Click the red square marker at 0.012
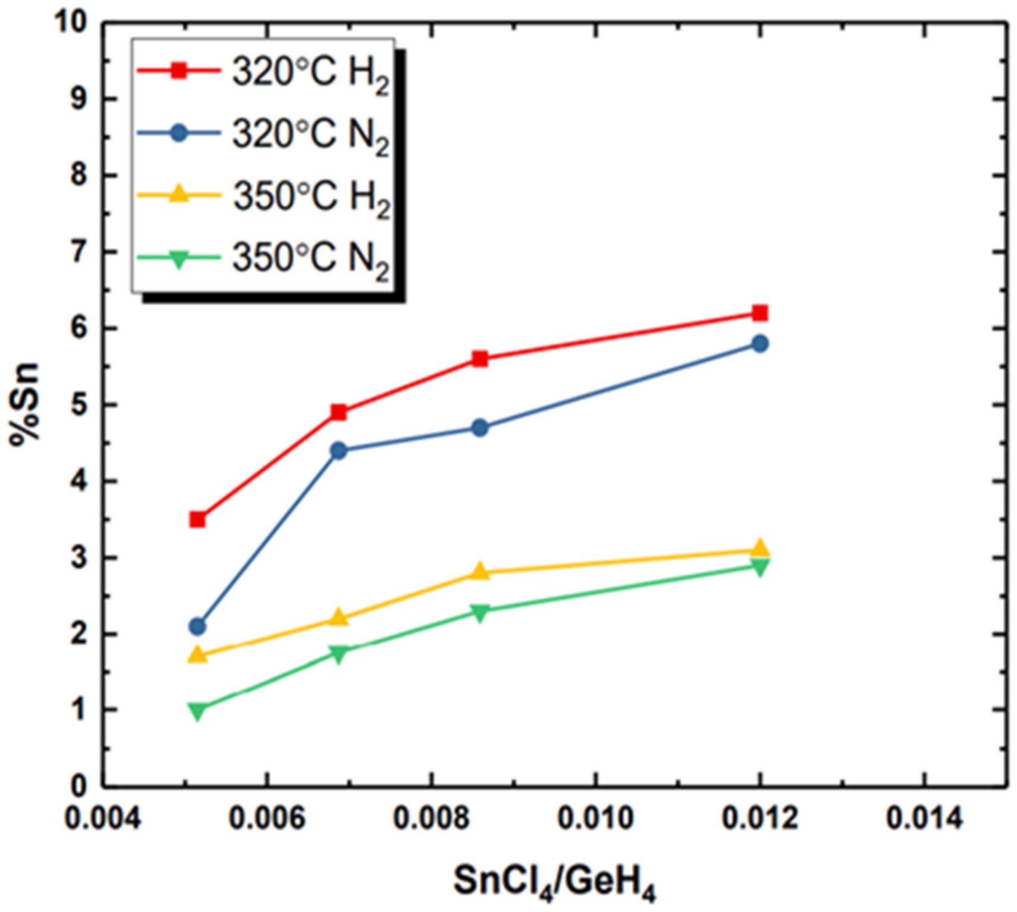coord(759,313)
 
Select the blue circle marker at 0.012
coord(759,343)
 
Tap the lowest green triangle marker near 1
coord(197,710)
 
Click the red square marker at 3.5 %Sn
coord(197,519)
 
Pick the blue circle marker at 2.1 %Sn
coord(197,626)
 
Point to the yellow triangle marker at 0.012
coord(759,549)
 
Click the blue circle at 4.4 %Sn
coord(338,450)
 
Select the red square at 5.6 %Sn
coord(479,359)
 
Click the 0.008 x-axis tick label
coord(431,819)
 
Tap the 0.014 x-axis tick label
coord(924,819)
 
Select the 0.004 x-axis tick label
coord(103,819)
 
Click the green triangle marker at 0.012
coord(759,566)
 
